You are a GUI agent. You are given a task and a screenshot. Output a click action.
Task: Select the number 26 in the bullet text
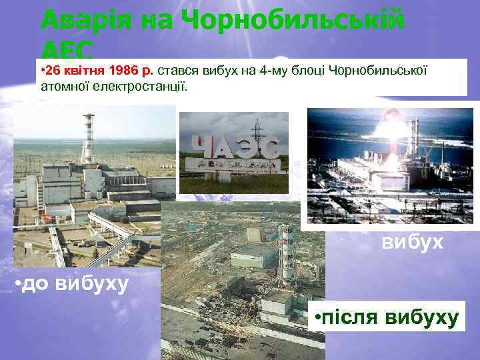pyautogui.click(x=55, y=71)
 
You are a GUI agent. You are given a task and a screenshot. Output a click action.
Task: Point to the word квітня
pyautogui.click(x=85, y=71)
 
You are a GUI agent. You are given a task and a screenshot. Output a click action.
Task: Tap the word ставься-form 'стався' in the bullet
pyautogui.click(x=173, y=71)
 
